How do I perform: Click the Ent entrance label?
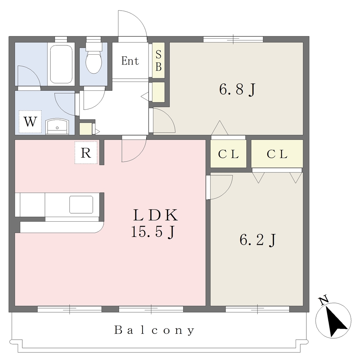pos(130,61)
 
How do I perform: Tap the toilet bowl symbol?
pos(94,58)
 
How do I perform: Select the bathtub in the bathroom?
pos(61,64)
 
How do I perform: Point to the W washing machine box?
pos(30,122)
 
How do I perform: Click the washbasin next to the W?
pos(57,127)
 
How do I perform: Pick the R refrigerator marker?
pos(86,153)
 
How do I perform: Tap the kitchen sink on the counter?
pos(81,205)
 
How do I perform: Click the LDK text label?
pos(156,215)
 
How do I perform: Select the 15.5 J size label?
pos(153,232)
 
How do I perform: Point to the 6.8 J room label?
pos(237,89)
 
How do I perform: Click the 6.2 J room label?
pos(258,240)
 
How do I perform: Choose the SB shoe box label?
pos(158,60)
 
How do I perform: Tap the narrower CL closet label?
pos(228,154)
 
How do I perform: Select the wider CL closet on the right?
pos(277,154)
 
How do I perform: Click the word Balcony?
pos(155,330)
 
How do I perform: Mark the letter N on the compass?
pos(324,300)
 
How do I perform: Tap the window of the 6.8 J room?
pos(233,39)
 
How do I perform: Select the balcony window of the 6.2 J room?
pos(257,309)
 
